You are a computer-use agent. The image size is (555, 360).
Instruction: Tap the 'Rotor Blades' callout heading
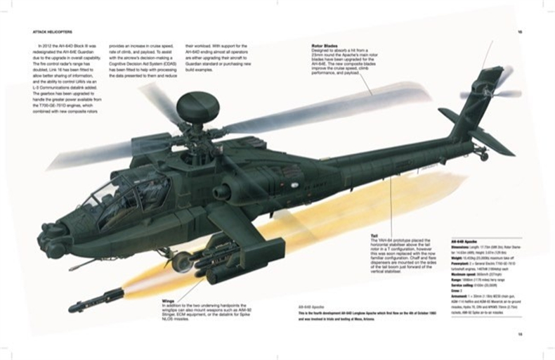(325, 46)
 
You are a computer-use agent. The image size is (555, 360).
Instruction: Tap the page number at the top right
(519, 32)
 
